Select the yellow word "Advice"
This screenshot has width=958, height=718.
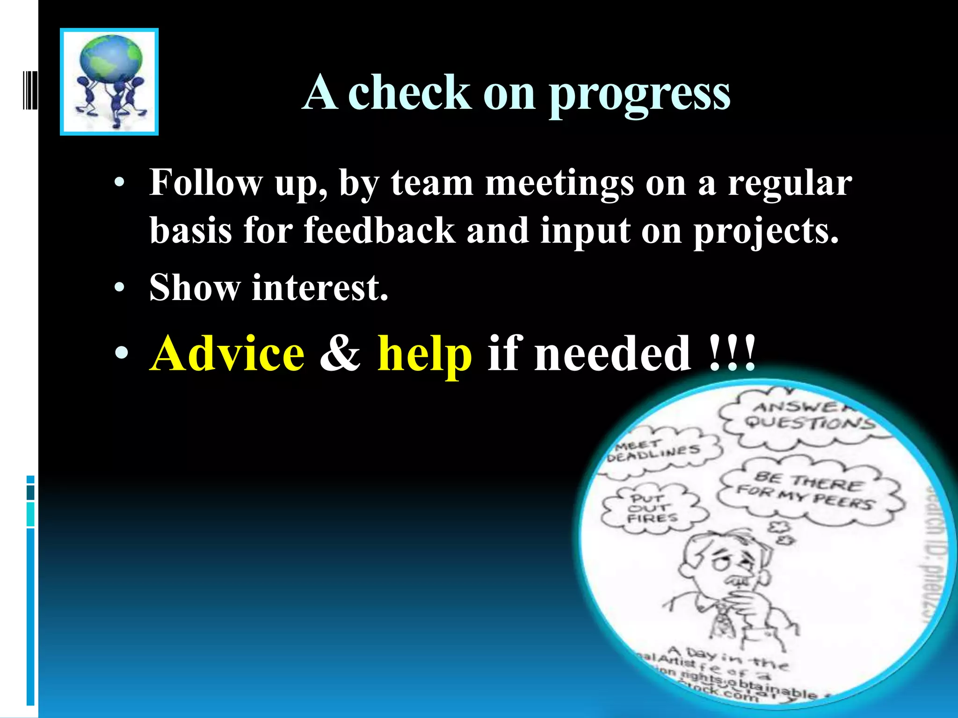[x=227, y=354]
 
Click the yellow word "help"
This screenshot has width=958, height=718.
[x=424, y=354]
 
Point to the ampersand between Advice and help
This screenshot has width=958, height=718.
[x=340, y=354]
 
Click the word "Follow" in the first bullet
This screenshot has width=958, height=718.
[x=206, y=183]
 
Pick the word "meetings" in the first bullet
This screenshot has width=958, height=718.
[x=559, y=183]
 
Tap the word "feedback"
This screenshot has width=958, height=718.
[x=379, y=230]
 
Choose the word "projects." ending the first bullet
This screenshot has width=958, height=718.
[x=766, y=230]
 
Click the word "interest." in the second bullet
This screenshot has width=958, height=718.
[x=320, y=287]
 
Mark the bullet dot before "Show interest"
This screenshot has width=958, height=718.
[x=120, y=287]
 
